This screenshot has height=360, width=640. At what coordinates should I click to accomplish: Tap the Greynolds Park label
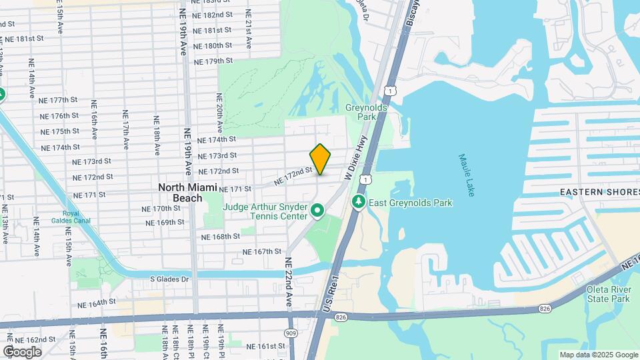pyautogui.click(x=362, y=112)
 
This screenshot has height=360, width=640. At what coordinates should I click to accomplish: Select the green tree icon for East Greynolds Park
pyautogui.click(x=359, y=201)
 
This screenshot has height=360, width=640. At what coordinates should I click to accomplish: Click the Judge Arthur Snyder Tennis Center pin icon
pyautogui.click(x=318, y=212)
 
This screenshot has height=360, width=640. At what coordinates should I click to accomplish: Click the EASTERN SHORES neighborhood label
pyautogui.click(x=599, y=192)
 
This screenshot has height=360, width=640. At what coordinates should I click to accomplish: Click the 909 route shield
pyautogui.click(x=291, y=333)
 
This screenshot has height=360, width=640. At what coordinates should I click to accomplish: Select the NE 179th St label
pyautogui.click(x=213, y=61)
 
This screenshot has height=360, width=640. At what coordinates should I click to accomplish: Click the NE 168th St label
pyautogui.click(x=221, y=237)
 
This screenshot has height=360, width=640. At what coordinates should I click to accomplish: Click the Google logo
pyautogui.click(x=22, y=351)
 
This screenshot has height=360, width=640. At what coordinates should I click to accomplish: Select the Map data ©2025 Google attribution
pyautogui.click(x=599, y=355)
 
